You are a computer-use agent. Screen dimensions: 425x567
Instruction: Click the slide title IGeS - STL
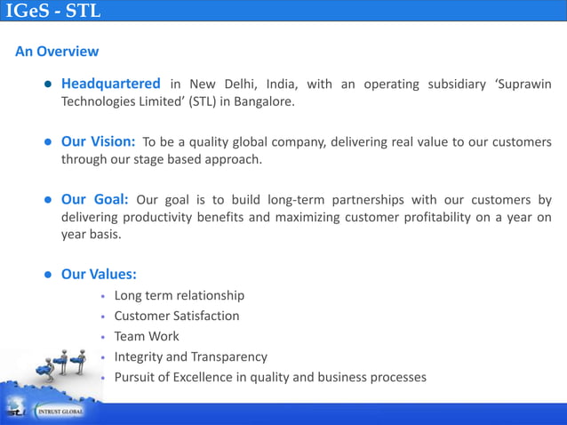pos(52,12)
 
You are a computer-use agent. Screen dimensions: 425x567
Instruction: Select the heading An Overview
pos(57,52)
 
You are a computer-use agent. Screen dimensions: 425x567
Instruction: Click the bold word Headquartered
pos(110,84)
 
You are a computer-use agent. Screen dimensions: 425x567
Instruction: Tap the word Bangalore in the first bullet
pos(264,101)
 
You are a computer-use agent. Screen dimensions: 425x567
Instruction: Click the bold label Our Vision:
pos(98,142)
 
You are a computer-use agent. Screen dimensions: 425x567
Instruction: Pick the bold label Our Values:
pos(98,274)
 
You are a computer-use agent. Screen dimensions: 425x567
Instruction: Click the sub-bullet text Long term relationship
pos(179,295)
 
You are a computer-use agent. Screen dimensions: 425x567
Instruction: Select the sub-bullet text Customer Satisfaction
pos(176,316)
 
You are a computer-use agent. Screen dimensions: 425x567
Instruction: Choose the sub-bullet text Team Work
pos(147,336)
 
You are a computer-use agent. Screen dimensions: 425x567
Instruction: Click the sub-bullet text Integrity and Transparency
pos(190,357)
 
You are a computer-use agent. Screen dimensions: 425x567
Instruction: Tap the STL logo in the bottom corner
pos(16,412)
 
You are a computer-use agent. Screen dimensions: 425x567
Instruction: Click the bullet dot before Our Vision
pos(48,142)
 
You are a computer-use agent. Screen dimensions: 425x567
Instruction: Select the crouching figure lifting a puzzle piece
pos(44,367)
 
